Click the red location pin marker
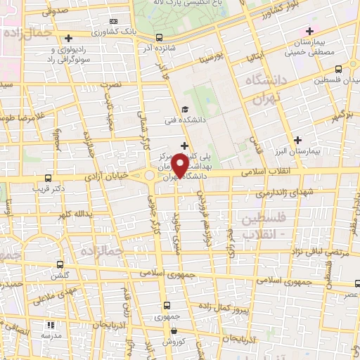click(179, 166)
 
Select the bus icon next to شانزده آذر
click(159, 37)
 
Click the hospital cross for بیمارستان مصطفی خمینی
click(309, 31)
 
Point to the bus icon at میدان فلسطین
click(339, 68)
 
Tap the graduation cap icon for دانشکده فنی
click(184, 109)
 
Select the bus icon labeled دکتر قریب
click(47, 178)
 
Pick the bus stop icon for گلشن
click(58, 265)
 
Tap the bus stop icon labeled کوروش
click(167, 330)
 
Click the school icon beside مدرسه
click(50, 325)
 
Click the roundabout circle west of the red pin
click(150, 176)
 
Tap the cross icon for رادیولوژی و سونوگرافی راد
click(67, 39)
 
